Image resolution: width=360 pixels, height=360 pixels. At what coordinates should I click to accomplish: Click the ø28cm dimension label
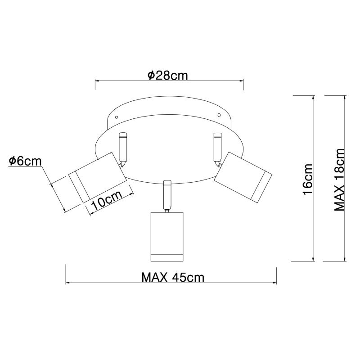click(168, 75)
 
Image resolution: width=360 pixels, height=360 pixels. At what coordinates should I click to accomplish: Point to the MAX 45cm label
click(173, 277)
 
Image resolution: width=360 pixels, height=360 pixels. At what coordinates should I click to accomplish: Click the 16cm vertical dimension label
click(308, 179)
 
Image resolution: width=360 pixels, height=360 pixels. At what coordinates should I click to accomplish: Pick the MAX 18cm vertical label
click(339, 180)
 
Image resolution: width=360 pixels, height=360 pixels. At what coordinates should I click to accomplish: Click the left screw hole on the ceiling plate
click(117, 117)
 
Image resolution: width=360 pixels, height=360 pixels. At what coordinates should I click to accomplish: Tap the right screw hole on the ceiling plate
click(219, 115)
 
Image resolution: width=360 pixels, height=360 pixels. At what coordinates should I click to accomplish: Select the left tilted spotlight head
click(98, 177)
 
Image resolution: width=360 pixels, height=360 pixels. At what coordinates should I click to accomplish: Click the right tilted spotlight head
click(243, 177)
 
